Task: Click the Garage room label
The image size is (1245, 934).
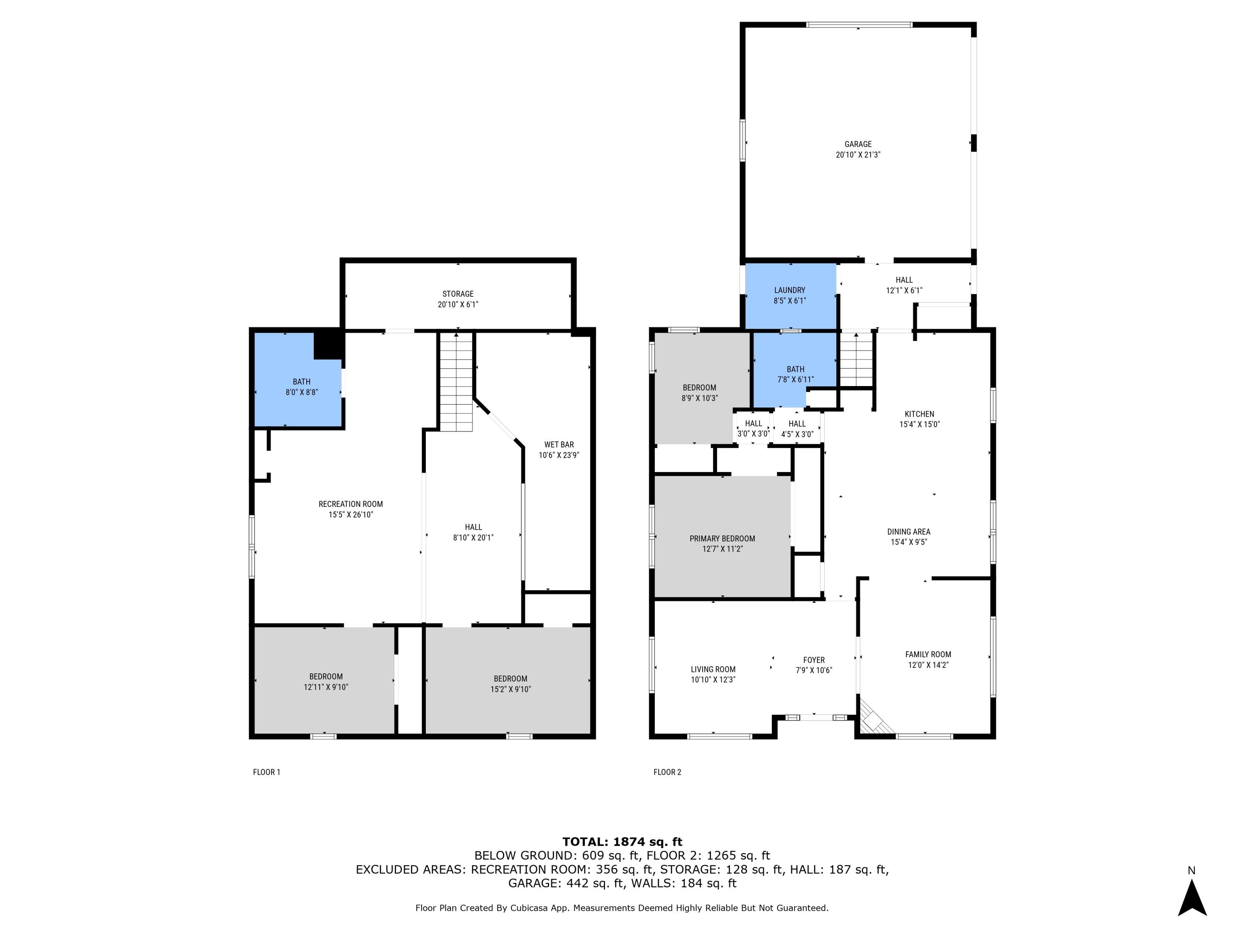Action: pos(858,144)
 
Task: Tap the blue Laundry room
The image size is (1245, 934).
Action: pos(790,296)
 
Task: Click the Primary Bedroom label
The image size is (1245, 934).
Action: pos(722,539)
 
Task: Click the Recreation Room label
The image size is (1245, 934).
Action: pos(351,504)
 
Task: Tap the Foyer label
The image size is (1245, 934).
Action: pos(814,660)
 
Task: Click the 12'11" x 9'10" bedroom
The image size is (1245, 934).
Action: pos(325,681)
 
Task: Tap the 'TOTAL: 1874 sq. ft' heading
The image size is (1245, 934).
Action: pos(622,842)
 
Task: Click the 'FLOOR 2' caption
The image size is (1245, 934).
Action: pos(667,772)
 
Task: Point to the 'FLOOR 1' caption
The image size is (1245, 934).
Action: pos(266,772)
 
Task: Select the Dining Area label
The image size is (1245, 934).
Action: pos(908,531)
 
